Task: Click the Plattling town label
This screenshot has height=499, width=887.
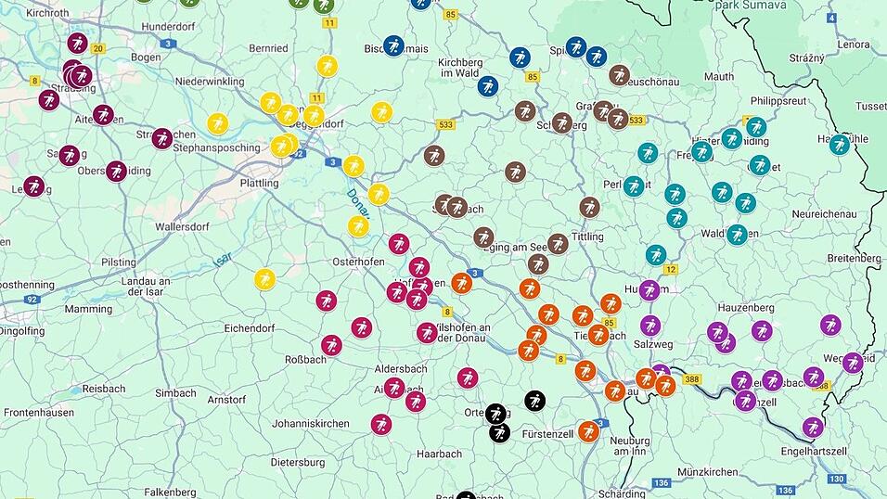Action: (x=259, y=183)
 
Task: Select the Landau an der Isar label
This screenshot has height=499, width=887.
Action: (x=146, y=287)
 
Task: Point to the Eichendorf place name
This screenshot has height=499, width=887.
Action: (x=252, y=327)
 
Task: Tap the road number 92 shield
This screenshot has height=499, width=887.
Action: (x=32, y=300)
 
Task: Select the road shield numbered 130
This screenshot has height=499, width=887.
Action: (x=836, y=479)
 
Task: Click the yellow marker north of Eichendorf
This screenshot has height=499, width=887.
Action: (x=265, y=278)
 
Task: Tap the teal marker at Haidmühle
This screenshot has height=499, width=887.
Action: (x=840, y=144)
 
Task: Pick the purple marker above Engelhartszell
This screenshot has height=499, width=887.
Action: (x=813, y=427)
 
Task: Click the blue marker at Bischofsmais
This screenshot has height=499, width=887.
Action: (x=394, y=45)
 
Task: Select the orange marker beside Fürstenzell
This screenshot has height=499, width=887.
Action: (x=588, y=430)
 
